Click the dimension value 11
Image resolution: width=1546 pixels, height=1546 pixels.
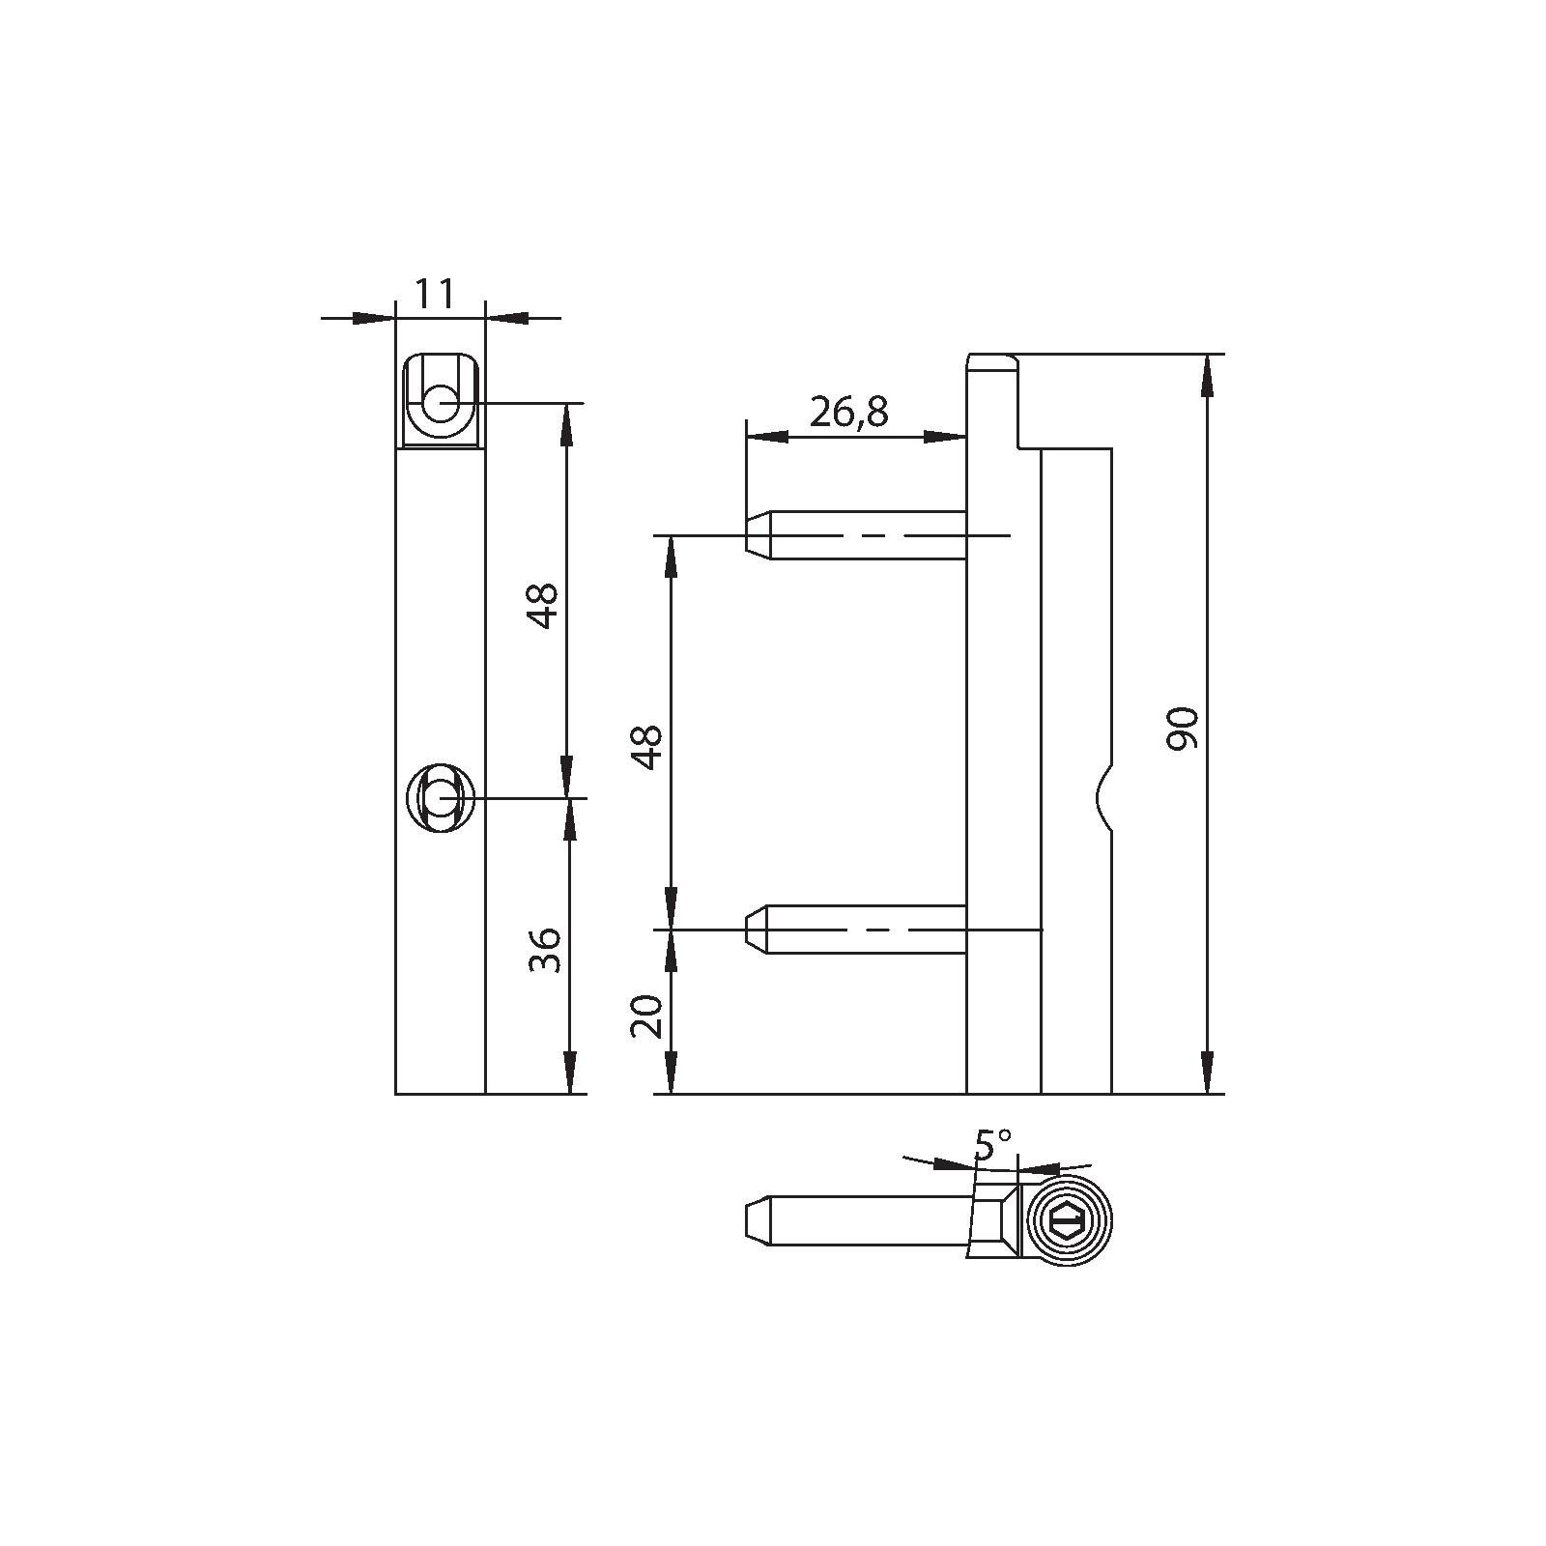click(435, 294)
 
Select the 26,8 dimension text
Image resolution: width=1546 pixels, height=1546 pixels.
click(848, 413)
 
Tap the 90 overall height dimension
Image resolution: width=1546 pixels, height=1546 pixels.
click(1183, 729)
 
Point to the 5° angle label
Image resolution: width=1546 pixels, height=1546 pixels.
click(992, 1145)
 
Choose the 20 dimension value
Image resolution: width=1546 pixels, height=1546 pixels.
click(647, 1016)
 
